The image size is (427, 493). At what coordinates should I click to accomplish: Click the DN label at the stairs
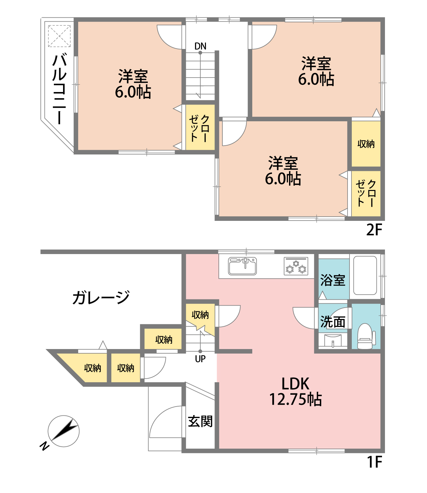tap(200, 46)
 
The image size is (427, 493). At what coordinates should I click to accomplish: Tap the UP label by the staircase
tap(200, 359)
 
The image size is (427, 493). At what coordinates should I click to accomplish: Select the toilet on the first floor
tap(366, 336)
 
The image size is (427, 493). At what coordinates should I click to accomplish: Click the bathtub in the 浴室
tap(365, 275)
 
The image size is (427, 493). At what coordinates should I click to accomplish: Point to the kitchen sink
tap(242, 266)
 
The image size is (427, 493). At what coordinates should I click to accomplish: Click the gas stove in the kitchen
tap(296, 266)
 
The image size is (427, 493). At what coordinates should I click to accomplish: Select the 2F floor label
tap(374, 230)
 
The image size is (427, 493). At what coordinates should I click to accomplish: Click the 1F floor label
tap(374, 462)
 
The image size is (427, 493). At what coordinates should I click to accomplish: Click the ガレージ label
tap(101, 297)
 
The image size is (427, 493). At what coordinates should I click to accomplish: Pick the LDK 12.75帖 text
tap(295, 391)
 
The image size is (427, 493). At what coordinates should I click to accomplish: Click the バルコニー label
tap(59, 89)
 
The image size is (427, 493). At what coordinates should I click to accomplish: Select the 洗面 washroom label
tap(333, 322)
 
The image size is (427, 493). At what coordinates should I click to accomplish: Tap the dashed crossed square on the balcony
tap(59, 36)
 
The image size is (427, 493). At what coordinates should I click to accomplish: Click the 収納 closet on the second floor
tap(366, 144)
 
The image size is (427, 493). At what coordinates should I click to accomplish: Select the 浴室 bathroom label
tap(333, 280)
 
